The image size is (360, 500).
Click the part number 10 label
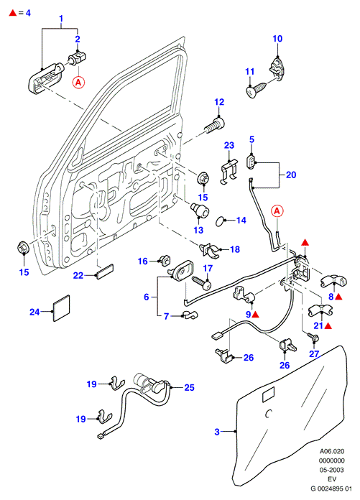click(x=277, y=39)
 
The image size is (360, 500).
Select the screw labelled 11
click(x=257, y=89)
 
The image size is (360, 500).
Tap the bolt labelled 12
click(x=215, y=125)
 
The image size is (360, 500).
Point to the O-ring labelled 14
click(x=221, y=221)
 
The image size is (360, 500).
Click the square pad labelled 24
click(x=61, y=307)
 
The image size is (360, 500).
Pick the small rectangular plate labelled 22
click(x=105, y=272)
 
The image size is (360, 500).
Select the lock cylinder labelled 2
click(x=77, y=57)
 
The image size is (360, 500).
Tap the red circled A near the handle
click(x=78, y=83)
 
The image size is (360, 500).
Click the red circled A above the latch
click(x=277, y=211)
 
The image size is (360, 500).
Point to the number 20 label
click(x=291, y=175)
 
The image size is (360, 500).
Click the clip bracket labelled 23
click(x=229, y=172)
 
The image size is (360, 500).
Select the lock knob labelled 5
click(x=251, y=162)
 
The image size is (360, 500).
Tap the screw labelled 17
click(x=202, y=282)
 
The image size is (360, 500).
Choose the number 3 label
click(x=217, y=432)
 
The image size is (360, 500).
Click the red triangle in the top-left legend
click(x=13, y=13)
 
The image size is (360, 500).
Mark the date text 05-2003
click(x=332, y=470)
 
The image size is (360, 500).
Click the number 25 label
click(x=189, y=387)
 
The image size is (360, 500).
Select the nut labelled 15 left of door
click(x=23, y=248)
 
